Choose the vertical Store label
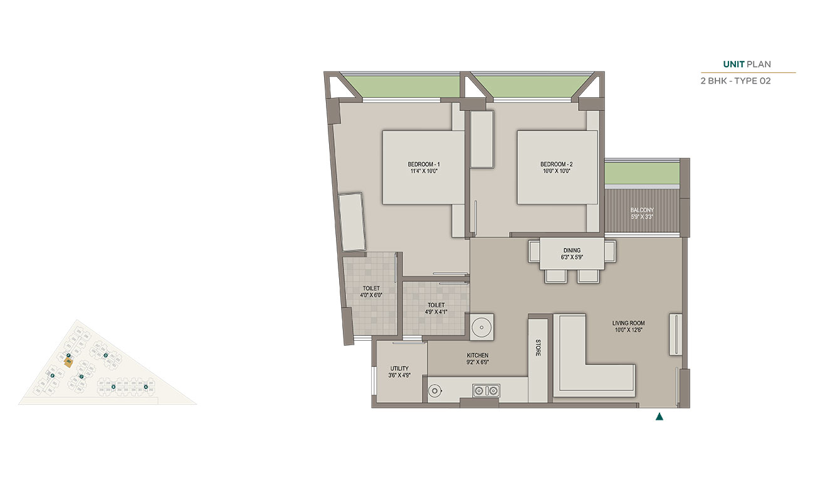coord(538,348)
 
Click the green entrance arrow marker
coord(659,416)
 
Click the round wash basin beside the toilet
coord(481,326)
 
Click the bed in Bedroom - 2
coord(557,167)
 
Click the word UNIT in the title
coord(733,64)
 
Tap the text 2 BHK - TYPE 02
coord(735,81)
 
